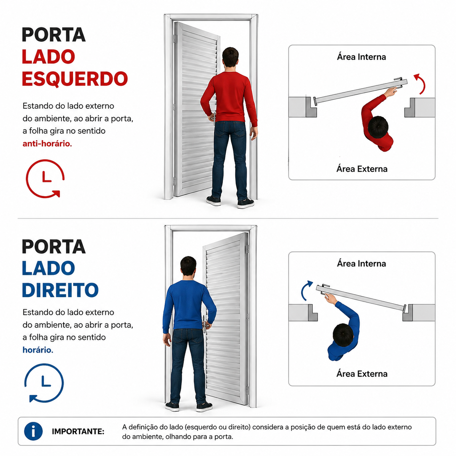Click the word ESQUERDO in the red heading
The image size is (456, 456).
tap(75, 79)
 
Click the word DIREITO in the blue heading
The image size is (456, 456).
tap(60, 290)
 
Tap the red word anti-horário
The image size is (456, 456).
tap(47, 144)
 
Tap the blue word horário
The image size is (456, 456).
tap(37, 350)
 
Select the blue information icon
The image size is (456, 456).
tap(33, 431)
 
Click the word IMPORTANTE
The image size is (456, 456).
tap(78, 431)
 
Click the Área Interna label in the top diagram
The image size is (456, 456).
tap(361, 57)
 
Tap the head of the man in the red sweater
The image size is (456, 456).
tap(230, 57)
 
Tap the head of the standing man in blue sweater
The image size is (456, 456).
tap(188, 266)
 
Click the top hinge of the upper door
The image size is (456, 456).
tap(175, 39)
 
